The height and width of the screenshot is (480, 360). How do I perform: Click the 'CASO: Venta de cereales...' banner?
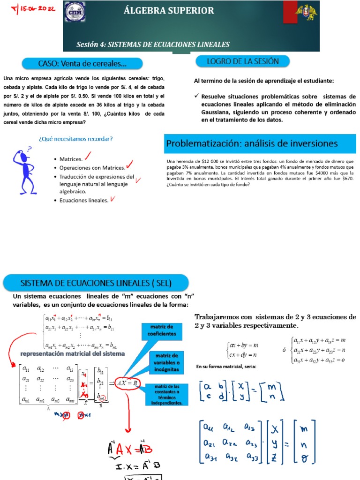coord(82,63)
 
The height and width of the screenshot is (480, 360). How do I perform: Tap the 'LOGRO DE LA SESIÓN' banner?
coord(242,61)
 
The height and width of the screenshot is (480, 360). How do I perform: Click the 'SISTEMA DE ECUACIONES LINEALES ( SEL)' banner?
coord(96,283)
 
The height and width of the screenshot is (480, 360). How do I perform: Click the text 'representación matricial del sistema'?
coord(72,353)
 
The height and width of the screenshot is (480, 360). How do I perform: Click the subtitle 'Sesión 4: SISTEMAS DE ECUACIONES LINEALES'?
coord(153,45)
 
